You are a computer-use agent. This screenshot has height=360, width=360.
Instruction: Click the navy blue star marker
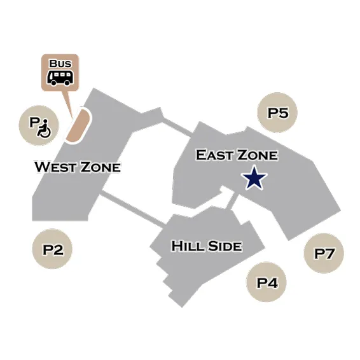pyautogui.click(x=254, y=178)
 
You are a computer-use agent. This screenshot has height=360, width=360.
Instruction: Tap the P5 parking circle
pyautogui.click(x=277, y=113)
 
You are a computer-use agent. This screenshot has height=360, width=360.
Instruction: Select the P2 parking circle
pyautogui.click(x=52, y=249)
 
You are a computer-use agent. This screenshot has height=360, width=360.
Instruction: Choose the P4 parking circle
pyautogui.click(x=267, y=282)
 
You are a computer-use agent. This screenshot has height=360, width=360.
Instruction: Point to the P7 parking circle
pyautogui.click(x=324, y=253)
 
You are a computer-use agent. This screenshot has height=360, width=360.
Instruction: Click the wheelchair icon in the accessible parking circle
pyautogui.click(x=44, y=129)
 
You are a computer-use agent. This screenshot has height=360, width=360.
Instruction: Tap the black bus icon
pyautogui.click(x=60, y=78)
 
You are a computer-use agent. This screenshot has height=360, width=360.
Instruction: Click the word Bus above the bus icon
pyautogui.click(x=60, y=64)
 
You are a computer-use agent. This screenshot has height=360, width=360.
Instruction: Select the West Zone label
pyautogui.click(x=78, y=167)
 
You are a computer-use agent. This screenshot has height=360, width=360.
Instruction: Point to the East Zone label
pyautogui.click(x=237, y=155)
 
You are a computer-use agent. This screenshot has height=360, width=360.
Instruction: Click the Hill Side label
pyautogui.click(x=207, y=246)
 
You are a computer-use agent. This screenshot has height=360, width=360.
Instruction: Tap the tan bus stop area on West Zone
pyautogui.click(x=78, y=126)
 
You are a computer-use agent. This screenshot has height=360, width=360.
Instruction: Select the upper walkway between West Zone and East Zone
pyautogui.click(x=177, y=127)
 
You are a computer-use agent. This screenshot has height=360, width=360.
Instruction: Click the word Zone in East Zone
pyautogui.click(x=258, y=155)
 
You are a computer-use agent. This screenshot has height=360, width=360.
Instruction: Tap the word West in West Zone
pyautogui.click(x=55, y=167)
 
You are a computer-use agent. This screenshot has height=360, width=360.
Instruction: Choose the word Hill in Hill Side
pyautogui.click(x=188, y=246)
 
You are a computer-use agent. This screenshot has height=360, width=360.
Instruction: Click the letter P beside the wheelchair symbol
pyautogui.click(x=34, y=122)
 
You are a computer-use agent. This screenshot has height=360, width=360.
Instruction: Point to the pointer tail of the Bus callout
pyautogui.click(x=68, y=104)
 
